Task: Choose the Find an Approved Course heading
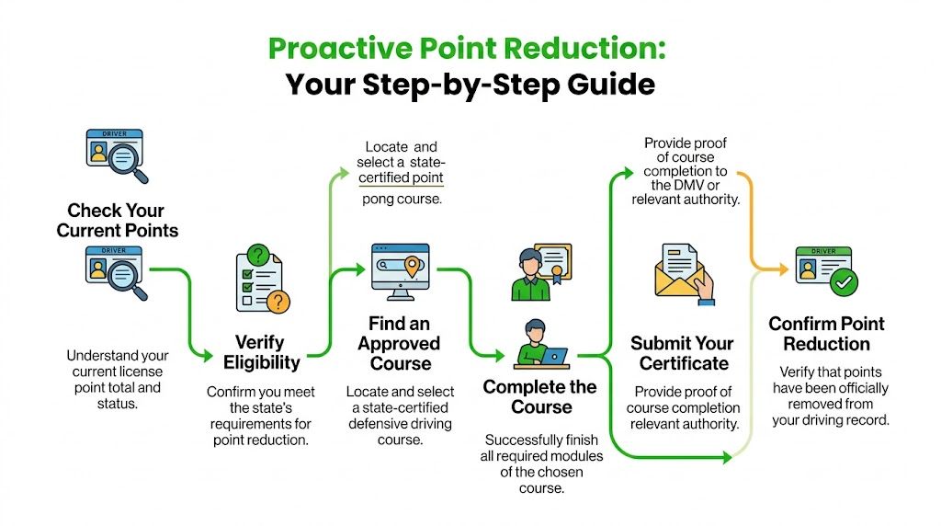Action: [x=399, y=344]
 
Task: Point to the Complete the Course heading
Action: [x=540, y=397]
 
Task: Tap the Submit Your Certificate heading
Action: [x=682, y=353]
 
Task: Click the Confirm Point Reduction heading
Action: [x=826, y=334]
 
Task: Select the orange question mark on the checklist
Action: [x=274, y=302]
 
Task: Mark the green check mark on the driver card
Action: [x=843, y=284]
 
